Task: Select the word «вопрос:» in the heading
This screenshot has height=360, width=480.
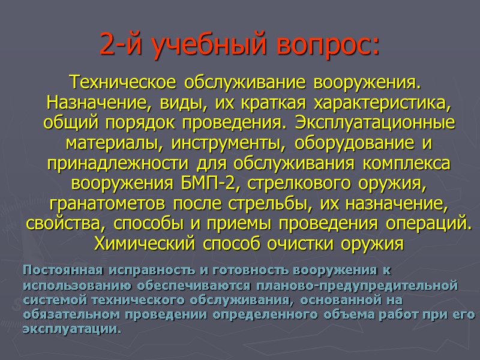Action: [x=326, y=46]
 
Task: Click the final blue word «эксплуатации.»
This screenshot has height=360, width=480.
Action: [x=71, y=329]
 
